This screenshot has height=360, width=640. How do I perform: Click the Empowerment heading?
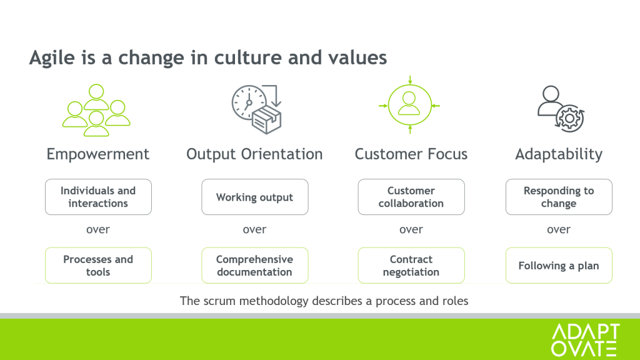click(98, 154)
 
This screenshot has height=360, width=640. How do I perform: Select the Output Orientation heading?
click(255, 154)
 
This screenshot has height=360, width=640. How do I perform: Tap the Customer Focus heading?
click(411, 154)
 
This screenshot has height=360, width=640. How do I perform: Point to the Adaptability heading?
click(559, 154)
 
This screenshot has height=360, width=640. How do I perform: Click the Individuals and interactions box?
click(98, 197)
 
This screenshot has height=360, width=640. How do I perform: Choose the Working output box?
click(255, 197)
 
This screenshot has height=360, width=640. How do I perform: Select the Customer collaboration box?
click(411, 197)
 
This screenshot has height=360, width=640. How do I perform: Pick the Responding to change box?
click(559, 197)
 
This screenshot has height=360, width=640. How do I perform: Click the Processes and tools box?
click(98, 265)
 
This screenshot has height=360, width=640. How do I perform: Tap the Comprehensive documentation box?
click(255, 265)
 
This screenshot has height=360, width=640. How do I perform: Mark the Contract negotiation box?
click(411, 265)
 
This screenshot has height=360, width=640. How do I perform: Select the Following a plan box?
click(559, 265)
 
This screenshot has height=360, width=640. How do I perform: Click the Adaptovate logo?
click(585, 340)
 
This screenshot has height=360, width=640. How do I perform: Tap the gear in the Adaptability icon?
click(570, 118)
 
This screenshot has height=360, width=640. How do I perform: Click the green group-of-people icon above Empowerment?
click(96, 110)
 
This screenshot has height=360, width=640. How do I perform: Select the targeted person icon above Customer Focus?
click(409, 105)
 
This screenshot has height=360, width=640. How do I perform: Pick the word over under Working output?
click(255, 229)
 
